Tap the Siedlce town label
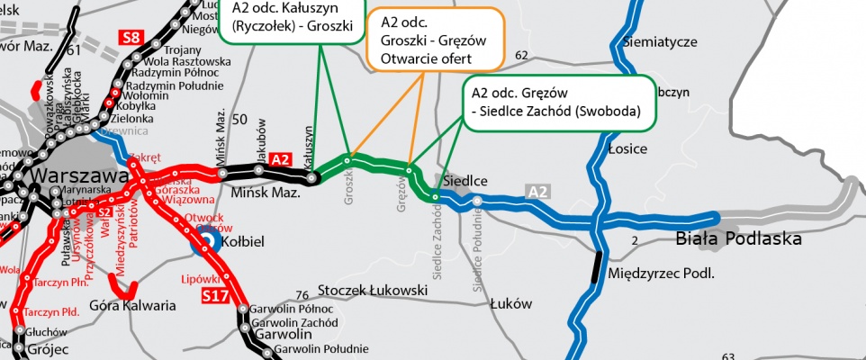465,181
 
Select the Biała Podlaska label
738,239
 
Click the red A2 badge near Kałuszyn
281,158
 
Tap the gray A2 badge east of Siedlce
537,191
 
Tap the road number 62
521,56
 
